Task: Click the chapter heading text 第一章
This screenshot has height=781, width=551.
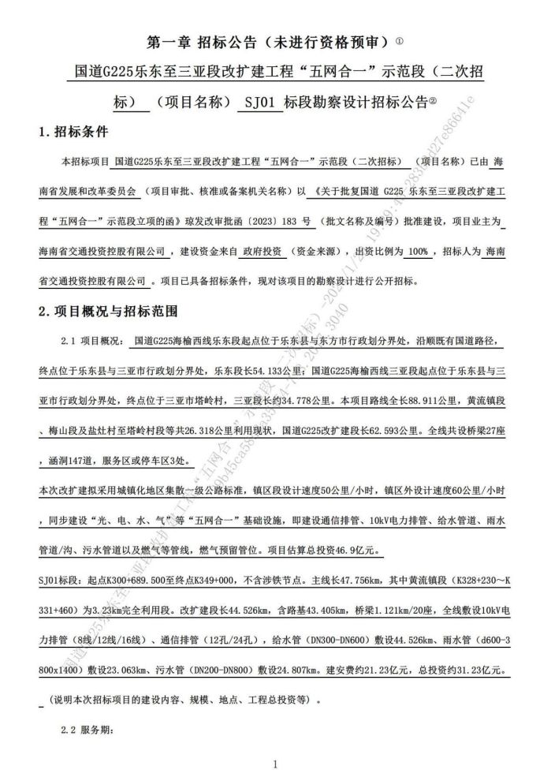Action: point(169,40)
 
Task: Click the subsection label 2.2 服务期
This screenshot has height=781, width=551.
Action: point(87,730)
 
